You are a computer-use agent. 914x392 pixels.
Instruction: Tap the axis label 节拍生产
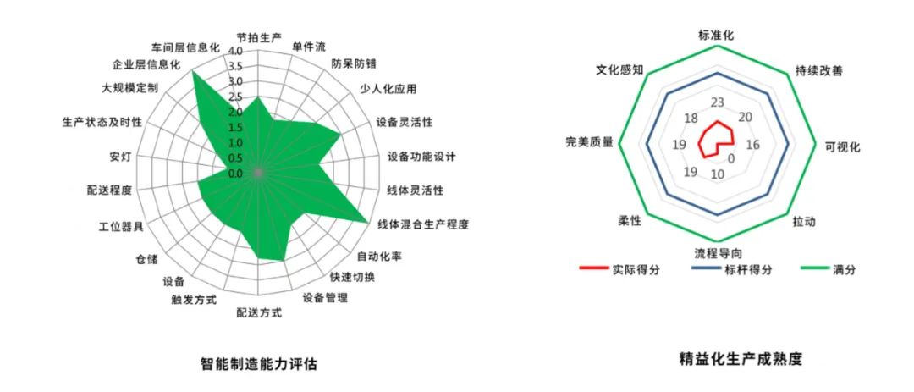[x=260, y=37]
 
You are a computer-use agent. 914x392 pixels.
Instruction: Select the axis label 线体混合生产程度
[x=423, y=224]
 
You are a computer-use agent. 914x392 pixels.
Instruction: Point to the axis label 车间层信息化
[x=185, y=47]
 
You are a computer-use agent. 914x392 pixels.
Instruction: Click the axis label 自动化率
[x=378, y=256]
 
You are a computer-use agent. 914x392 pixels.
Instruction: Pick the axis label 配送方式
[x=259, y=313]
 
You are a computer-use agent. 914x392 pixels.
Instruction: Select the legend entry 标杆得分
[x=749, y=269]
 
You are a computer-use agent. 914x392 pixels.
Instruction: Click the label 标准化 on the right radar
[x=716, y=36]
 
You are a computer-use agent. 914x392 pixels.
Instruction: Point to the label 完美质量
[x=590, y=143]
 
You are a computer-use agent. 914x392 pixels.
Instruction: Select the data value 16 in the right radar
[x=752, y=145]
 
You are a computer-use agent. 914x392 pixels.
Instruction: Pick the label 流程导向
[x=719, y=253]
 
